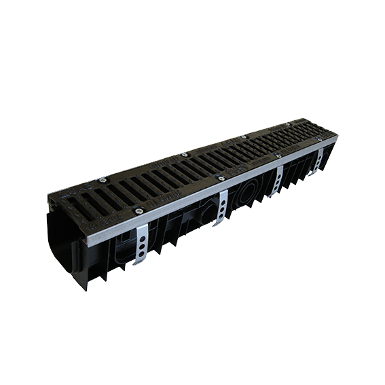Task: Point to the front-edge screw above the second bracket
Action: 220,179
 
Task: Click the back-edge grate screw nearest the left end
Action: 103,180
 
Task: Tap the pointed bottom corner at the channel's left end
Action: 87,289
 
